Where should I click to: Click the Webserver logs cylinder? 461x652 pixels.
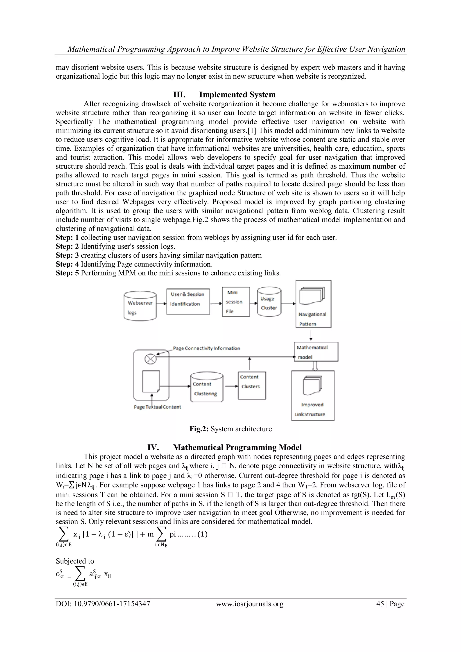click(140, 306)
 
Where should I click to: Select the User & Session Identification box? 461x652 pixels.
click(188, 301)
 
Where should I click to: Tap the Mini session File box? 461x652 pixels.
click(236, 302)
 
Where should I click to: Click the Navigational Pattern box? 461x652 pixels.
click(313, 304)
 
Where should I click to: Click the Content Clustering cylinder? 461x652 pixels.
click(207, 388)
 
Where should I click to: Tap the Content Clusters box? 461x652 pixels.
click(251, 385)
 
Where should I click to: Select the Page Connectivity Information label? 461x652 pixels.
click(206, 348)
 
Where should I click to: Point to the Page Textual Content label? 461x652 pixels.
click(157, 407)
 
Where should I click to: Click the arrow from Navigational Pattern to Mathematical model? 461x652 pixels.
click(311, 335)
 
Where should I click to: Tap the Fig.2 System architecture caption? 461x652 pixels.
click(230, 429)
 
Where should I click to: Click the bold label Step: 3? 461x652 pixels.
click(67, 255)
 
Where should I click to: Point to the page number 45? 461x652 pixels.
click(380, 604)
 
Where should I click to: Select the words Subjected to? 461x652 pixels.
click(75, 561)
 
